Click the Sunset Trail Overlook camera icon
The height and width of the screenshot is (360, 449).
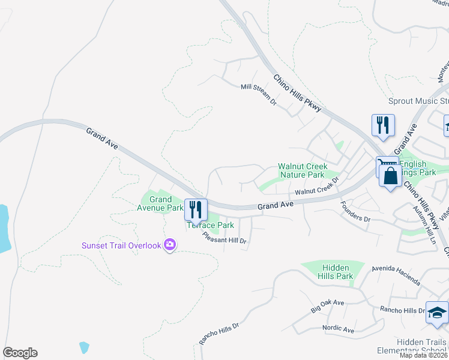170,244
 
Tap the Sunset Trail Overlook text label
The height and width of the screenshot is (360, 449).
122,245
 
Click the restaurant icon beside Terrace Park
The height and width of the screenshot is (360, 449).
196,209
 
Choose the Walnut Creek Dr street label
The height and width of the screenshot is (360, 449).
318,187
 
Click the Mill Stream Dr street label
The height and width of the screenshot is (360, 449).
258,95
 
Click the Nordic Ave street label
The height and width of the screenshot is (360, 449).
338,329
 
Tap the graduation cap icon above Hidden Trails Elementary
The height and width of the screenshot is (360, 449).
437,313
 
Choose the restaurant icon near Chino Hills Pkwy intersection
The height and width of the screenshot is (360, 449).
383,125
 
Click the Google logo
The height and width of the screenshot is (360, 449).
20,353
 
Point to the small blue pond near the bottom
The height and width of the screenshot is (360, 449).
84,347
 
